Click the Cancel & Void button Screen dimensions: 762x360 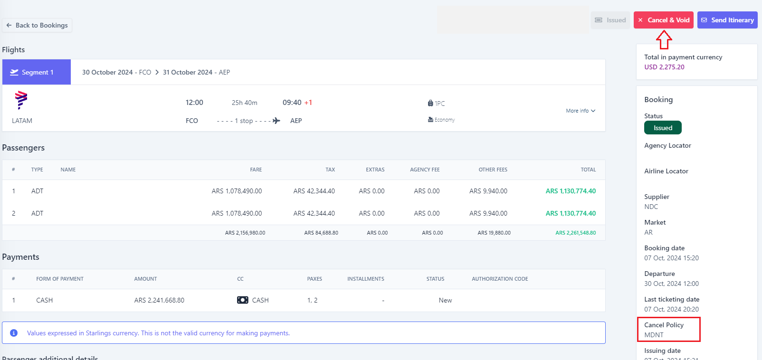click(663, 20)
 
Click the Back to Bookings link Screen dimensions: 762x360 click(37, 25)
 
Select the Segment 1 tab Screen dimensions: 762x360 click(37, 72)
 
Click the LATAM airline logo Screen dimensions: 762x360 click(21, 100)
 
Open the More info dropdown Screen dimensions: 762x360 click(581, 111)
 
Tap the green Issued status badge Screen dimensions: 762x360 click(663, 128)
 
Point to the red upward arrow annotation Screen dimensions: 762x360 click(664, 40)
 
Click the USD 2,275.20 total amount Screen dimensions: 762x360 click(664, 67)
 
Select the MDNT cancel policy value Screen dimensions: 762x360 click(654, 335)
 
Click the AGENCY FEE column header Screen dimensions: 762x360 click(425, 170)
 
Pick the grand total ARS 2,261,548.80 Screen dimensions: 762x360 click(576, 233)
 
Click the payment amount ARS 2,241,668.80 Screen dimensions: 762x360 click(159, 300)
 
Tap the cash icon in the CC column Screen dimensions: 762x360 click(243, 300)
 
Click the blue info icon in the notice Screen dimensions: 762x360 click(14, 333)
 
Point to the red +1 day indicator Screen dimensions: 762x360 click(308, 103)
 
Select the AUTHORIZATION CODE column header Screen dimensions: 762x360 click(500, 279)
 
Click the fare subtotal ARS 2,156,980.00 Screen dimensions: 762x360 click(245, 233)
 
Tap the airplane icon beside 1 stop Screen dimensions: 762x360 click(276, 121)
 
